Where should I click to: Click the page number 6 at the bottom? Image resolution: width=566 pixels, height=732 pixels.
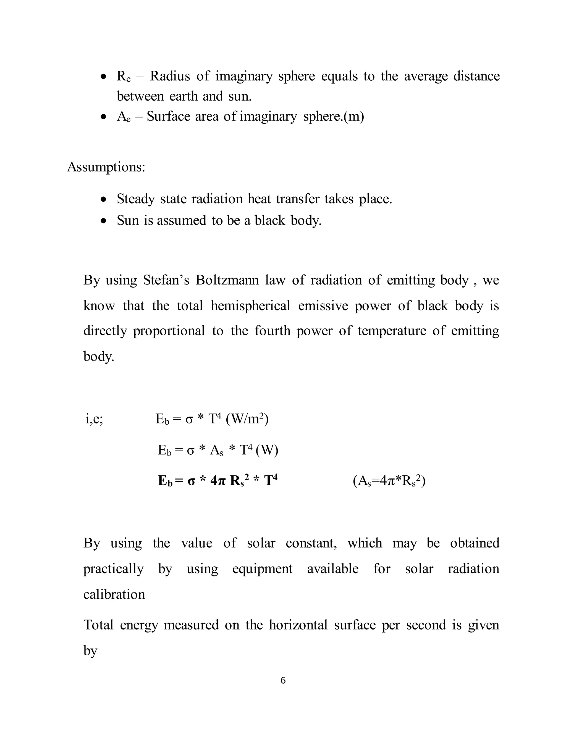283,680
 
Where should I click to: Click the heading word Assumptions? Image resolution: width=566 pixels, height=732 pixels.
106,167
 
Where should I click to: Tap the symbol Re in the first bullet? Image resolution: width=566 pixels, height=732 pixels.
123,77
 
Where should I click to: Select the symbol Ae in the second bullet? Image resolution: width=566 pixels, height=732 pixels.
123,117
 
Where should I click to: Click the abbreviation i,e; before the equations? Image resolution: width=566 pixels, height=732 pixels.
94,419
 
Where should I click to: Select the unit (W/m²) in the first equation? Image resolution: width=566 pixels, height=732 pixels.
247,419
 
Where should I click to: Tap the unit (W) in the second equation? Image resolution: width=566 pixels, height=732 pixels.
267,451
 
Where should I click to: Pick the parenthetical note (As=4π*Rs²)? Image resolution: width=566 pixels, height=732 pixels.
389,481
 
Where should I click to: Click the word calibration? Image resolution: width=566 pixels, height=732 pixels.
114,594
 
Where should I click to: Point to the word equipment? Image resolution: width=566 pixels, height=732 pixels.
262,569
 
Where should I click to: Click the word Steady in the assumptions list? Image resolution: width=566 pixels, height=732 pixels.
135,199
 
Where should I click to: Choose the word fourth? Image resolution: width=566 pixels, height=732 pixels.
272,331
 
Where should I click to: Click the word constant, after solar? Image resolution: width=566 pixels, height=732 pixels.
311,543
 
